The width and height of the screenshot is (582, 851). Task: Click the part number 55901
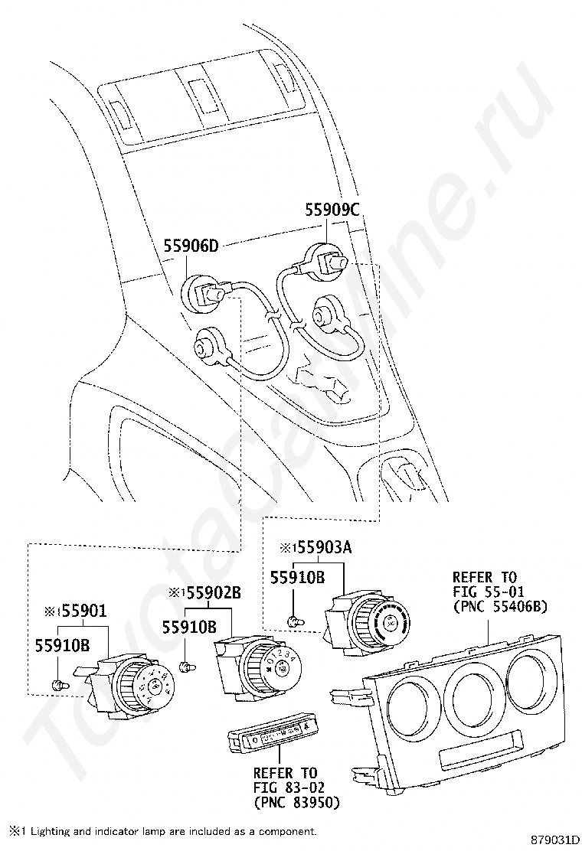pyautogui.click(x=84, y=612)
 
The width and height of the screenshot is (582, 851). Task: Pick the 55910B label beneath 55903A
pyautogui.click(x=299, y=578)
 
